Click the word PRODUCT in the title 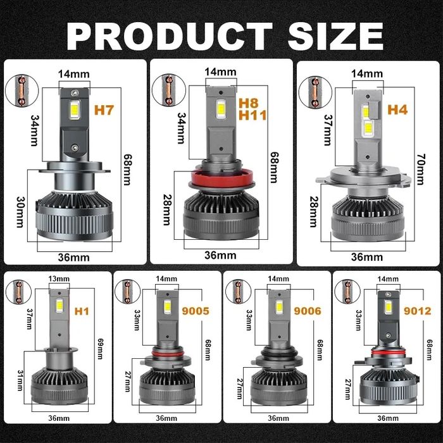[x=170, y=37]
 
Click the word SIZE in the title [x=335, y=37]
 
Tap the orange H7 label [x=104, y=110]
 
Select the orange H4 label [x=397, y=109]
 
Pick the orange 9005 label [x=196, y=311]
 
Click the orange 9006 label [x=308, y=311]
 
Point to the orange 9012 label [x=417, y=311]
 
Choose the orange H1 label [x=82, y=311]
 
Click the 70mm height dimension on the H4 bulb [x=420, y=169]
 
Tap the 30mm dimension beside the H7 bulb [x=20, y=212]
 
